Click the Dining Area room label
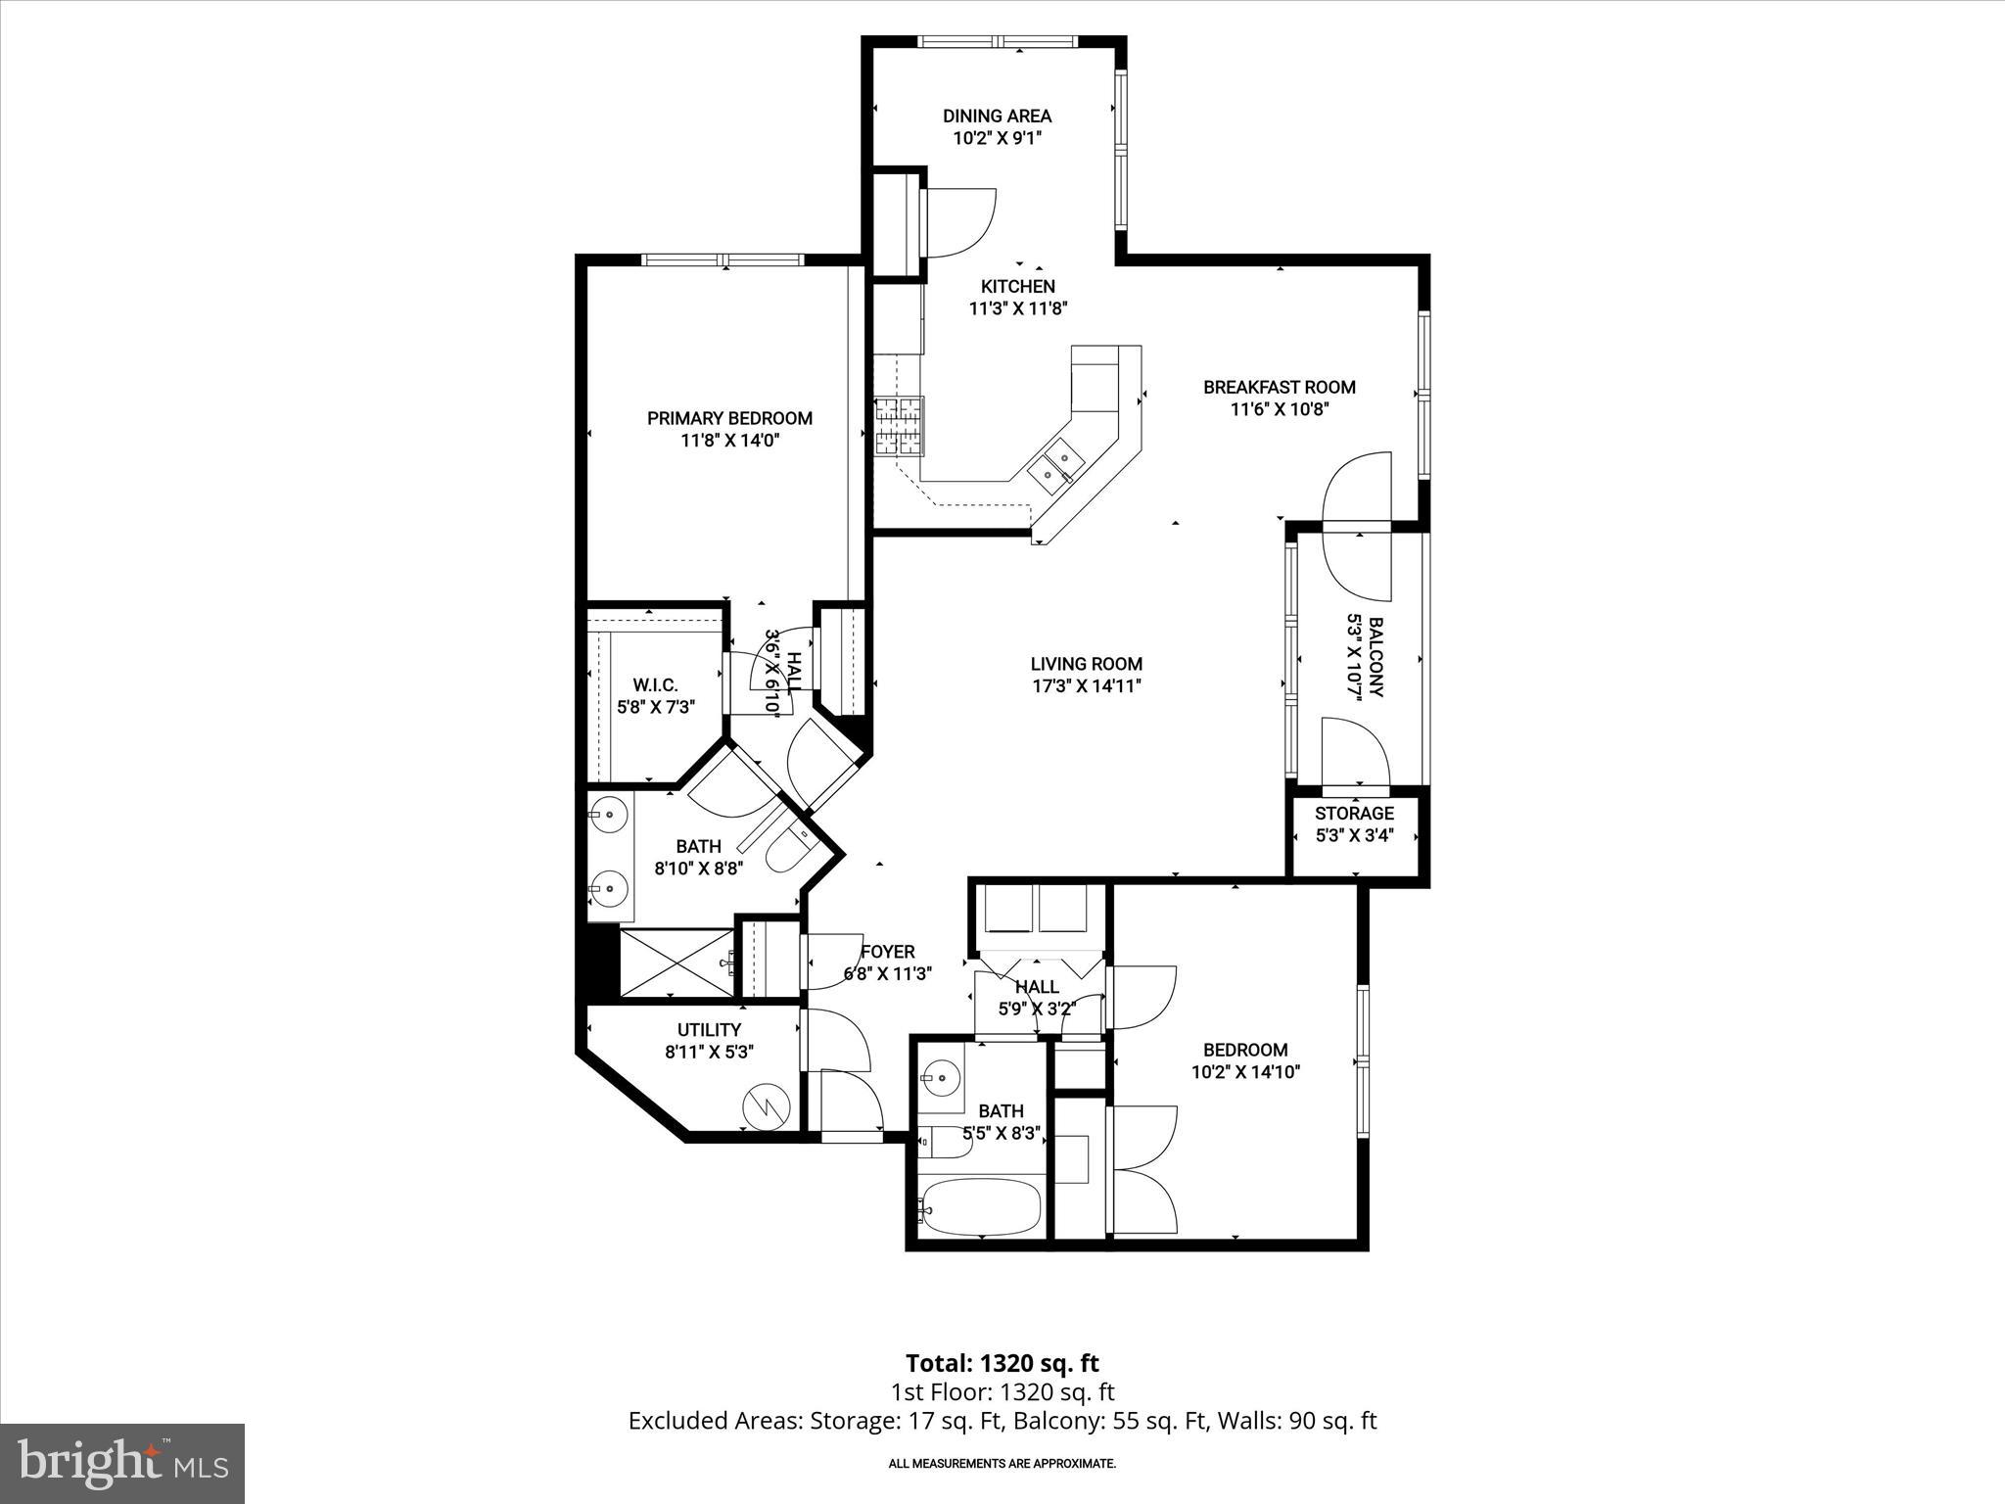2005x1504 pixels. (x=997, y=116)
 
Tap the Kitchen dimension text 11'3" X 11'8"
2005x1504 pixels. (x=1017, y=308)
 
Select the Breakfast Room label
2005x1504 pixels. (x=1279, y=387)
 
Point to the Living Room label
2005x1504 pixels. (x=1086, y=664)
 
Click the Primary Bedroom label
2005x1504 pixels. (x=729, y=418)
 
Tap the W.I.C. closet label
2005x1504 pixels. (x=655, y=685)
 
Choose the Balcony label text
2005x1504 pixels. (x=1375, y=657)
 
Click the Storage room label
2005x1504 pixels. (x=1354, y=814)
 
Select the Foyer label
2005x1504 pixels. (x=887, y=952)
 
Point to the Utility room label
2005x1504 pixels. (x=709, y=1030)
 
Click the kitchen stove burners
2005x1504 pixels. (x=899, y=426)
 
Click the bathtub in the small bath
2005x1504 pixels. (x=979, y=1207)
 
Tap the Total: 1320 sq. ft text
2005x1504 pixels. (x=1002, y=1363)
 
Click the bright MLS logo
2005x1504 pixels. (x=122, y=1463)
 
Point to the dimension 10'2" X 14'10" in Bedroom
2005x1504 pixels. (x=1245, y=1072)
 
